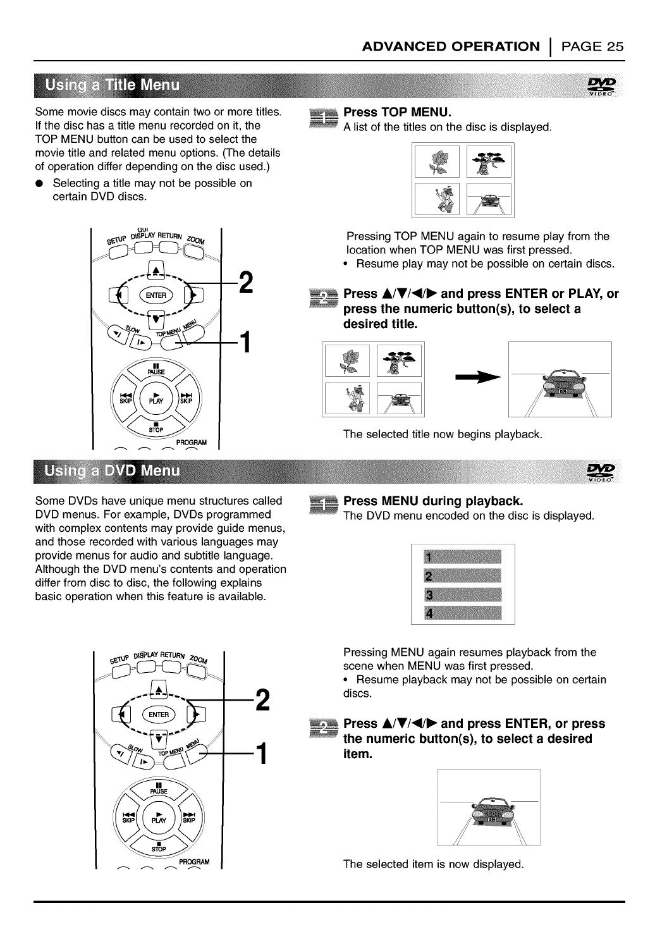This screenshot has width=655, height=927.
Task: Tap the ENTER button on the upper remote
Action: [157, 295]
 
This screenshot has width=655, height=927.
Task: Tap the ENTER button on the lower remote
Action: [158, 715]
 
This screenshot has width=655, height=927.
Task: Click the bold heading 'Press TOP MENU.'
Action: [396, 113]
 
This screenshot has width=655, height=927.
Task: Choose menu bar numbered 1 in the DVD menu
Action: [463, 558]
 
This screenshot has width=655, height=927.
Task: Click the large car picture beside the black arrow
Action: [560, 379]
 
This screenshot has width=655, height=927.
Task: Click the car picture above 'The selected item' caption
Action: [488, 807]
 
